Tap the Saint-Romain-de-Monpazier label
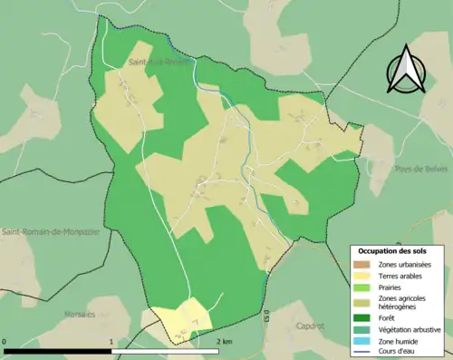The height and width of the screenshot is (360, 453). coord(49,232)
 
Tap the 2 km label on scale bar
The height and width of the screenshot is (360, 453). coord(225,341)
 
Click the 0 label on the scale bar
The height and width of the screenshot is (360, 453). coord(5,341)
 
